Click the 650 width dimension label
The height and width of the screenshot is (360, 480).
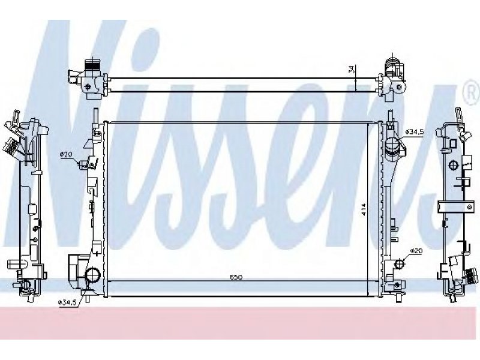236,277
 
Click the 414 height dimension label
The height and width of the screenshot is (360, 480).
364,209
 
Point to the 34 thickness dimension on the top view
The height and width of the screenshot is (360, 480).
352,70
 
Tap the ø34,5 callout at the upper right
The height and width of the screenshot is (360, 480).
414,131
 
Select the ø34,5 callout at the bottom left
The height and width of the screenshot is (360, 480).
67,302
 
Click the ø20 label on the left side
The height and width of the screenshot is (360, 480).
66,155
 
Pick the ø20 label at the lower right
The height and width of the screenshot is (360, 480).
416,251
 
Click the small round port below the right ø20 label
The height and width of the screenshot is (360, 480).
399,263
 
